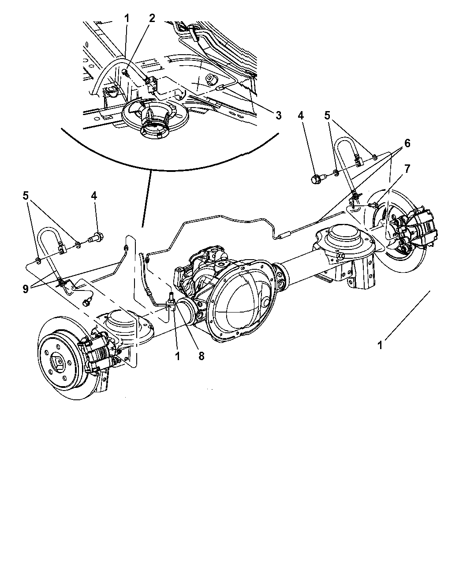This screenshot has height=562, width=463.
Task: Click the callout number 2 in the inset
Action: coord(152,18)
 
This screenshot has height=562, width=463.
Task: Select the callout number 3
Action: coord(278,116)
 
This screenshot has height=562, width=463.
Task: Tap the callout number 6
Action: coord(407,143)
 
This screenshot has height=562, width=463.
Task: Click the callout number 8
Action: coord(201,356)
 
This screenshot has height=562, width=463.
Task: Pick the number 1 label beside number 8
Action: coord(178,356)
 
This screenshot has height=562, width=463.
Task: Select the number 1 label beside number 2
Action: coord(127,18)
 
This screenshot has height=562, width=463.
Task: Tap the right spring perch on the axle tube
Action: coord(342,238)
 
